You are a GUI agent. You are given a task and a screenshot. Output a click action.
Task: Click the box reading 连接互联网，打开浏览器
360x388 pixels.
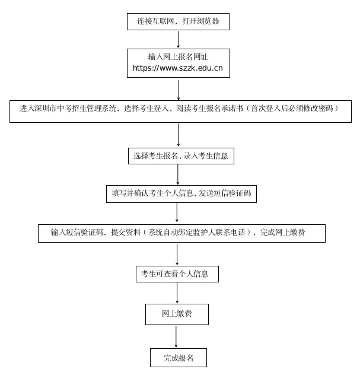pyautogui.click(x=178, y=21)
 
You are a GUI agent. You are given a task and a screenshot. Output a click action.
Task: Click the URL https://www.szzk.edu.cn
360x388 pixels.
pyautogui.click(x=178, y=68)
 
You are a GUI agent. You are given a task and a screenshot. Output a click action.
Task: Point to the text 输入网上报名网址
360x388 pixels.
pyautogui.click(x=178, y=57)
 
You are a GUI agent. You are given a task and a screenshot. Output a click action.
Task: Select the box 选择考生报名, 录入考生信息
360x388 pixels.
pyautogui.click(x=181, y=156)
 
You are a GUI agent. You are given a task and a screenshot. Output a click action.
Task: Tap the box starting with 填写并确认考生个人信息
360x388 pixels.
pyautogui.click(x=181, y=193)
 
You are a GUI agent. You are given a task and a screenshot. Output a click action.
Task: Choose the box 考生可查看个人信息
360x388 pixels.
pyautogui.click(x=177, y=274)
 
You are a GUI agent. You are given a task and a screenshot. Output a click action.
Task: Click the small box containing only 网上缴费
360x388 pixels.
pyautogui.click(x=177, y=314)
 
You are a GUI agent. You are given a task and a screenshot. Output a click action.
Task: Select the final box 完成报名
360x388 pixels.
pyautogui.click(x=178, y=358)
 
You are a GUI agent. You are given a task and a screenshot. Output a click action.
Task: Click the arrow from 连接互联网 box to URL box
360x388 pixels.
pyautogui.click(x=178, y=39)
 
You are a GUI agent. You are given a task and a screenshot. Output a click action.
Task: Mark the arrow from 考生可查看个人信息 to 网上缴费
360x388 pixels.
pyautogui.click(x=177, y=292)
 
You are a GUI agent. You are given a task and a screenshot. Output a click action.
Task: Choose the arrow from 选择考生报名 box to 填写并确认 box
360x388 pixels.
pyautogui.click(x=177, y=174)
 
